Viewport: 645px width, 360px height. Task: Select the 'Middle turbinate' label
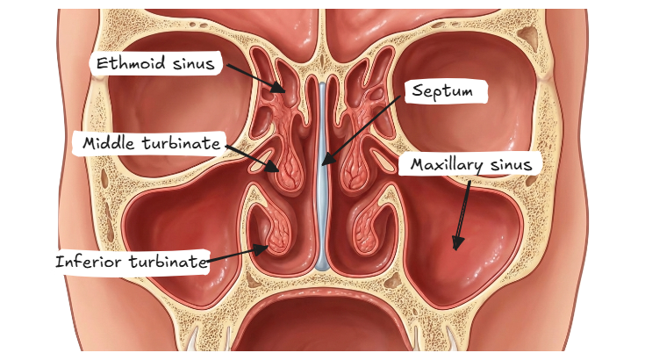pos(151,143)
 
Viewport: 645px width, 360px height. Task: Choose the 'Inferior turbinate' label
pos(131,262)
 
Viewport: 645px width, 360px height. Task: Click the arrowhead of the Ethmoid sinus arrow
pos(283,90)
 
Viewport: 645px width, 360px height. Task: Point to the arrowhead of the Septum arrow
pos(321,164)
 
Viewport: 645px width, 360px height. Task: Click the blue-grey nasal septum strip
pos(321,211)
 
